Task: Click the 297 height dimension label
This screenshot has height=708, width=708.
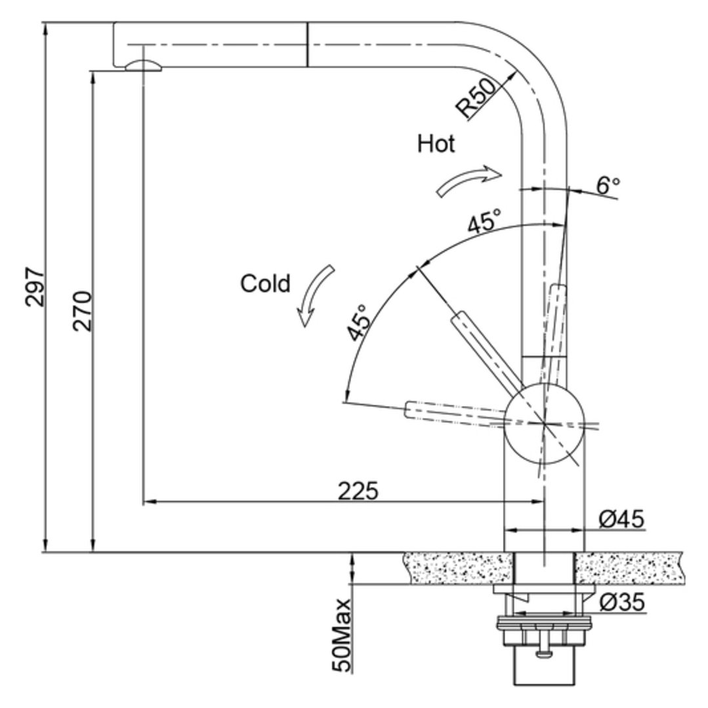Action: coord(35,287)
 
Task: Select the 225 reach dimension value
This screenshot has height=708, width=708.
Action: coord(358,491)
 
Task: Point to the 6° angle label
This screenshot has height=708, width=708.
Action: coord(608,184)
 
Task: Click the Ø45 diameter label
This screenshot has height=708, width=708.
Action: coord(621,519)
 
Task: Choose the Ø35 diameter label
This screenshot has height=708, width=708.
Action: coord(622,602)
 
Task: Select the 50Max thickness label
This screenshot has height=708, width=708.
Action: coord(341,635)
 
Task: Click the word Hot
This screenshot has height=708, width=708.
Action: coord(436,144)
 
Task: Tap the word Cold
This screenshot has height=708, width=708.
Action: coord(265,283)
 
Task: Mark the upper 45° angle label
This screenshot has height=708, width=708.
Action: coord(484,221)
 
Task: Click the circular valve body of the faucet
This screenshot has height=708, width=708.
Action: coord(544,423)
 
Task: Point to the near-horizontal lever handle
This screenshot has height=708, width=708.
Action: coord(454,413)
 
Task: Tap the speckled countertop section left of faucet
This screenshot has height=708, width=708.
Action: coord(459,568)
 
